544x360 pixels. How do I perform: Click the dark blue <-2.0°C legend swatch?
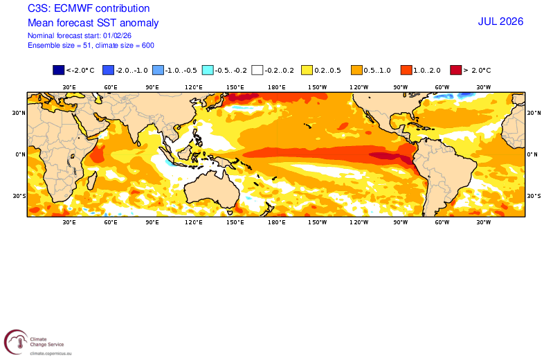(x=58, y=70)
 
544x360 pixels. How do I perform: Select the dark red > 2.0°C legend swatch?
(x=455, y=70)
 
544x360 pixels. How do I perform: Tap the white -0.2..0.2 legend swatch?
(x=257, y=70)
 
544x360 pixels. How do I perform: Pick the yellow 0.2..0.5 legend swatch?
(x=307, y=70)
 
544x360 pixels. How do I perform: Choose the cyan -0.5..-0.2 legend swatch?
(x=207, y=70)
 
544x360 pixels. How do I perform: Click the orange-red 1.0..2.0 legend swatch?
(x=406, y=70)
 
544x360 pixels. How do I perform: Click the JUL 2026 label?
(x=500, y=21)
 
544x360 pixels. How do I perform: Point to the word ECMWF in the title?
(x=74, y=9)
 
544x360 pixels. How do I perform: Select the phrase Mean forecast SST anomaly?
(x=93, y=22)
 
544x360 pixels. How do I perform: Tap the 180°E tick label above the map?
(x=277, y=87)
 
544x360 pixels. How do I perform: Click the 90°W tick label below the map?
(x=400, y=222)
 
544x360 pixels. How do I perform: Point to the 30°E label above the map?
(x=69, y=87)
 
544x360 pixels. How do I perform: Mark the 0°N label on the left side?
(x=19, y=154)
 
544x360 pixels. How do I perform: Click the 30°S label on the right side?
(x=534, y=196)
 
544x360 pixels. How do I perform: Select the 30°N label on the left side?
(x=19, y=113)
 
